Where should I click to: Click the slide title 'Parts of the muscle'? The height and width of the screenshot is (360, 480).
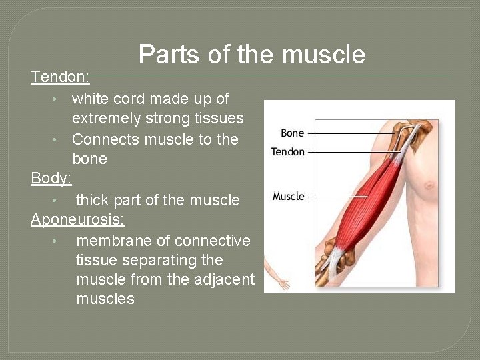251,54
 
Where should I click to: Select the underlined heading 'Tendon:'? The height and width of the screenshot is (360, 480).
60,77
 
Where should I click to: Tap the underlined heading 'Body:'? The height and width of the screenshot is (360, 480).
51,179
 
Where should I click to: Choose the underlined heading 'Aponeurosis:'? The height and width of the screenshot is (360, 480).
77,219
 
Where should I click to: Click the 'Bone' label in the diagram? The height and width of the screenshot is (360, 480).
292,133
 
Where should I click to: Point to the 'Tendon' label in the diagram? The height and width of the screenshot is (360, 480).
287,152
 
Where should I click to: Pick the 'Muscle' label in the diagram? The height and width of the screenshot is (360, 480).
288,196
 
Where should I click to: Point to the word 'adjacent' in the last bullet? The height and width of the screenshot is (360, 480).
223,279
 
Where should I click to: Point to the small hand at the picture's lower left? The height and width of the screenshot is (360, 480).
283,284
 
